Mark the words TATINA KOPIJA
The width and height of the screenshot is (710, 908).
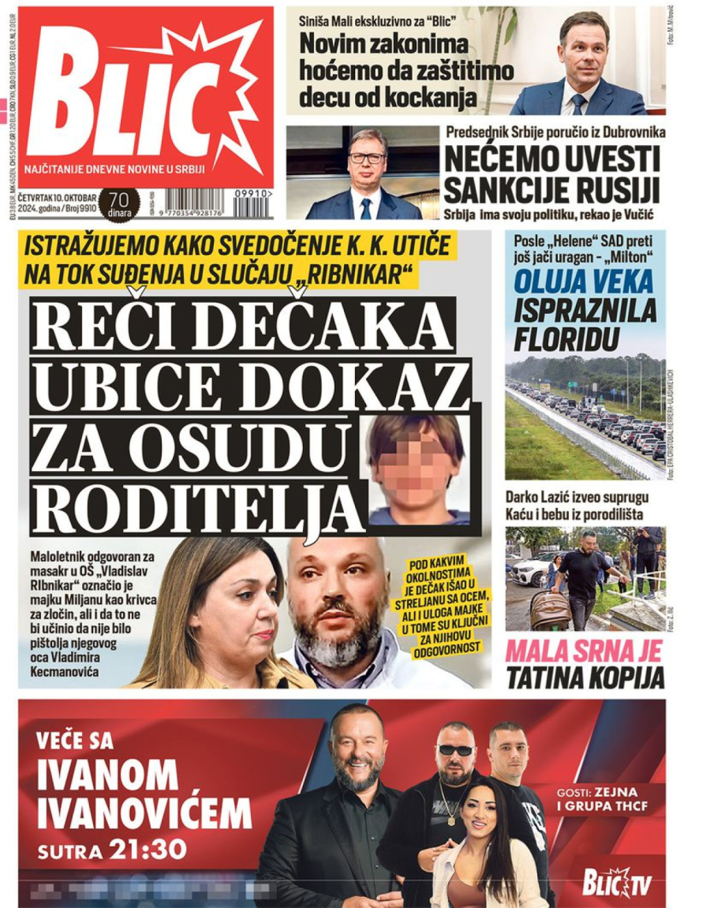(x=585, y=677)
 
